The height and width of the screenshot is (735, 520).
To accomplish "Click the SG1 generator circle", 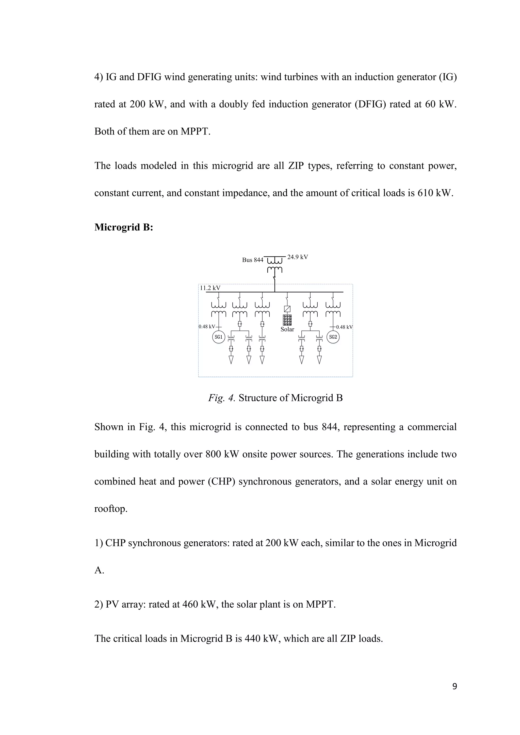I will click(219, 337).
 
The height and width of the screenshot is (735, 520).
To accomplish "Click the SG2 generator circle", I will click(333, 337).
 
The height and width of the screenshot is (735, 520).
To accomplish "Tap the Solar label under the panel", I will click(287, 329).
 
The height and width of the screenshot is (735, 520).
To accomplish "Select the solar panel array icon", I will click(287, 320).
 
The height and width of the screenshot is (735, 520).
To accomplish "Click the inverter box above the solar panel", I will click(287, 309).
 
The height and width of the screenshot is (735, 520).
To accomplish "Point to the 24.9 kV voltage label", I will click(298, 257).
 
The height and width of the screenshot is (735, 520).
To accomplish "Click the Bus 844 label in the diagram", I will click(253, 260).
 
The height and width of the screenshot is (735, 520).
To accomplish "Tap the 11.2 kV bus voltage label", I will click(210, 288).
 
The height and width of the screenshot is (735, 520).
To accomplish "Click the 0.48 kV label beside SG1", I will click(206, 327).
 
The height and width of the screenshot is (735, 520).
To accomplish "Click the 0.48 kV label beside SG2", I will click(344, 327).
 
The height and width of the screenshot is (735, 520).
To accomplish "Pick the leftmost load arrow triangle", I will click(231, 360).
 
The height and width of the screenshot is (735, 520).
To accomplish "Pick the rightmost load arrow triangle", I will click(319, 360).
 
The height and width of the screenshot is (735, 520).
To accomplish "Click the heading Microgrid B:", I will click(124, 227).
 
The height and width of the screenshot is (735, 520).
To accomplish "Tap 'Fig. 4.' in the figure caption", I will click(222, 398).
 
